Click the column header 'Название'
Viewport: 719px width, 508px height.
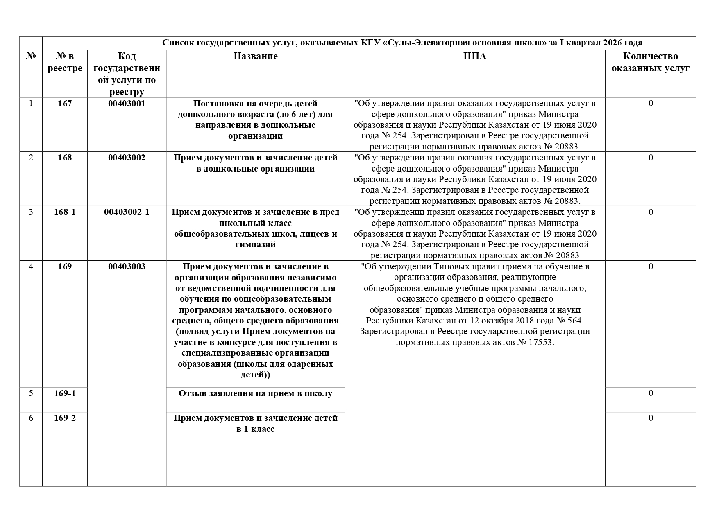255,56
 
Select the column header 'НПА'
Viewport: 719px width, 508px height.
475,56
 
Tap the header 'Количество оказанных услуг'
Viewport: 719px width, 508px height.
650,62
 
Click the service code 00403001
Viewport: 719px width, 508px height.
127,104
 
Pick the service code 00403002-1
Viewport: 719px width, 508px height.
127,212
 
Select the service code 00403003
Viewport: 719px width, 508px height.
127,267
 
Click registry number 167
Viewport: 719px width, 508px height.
65,104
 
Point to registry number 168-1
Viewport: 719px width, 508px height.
65,212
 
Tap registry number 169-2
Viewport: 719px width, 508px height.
65,418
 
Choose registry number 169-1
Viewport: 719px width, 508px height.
65,393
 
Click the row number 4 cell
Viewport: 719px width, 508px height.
31,267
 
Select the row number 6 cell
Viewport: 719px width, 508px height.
31,418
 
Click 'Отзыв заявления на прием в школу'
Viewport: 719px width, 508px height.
255,394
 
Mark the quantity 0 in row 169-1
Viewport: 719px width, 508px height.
651,393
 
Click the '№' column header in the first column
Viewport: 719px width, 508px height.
31,56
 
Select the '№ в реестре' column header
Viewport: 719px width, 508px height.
65,62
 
